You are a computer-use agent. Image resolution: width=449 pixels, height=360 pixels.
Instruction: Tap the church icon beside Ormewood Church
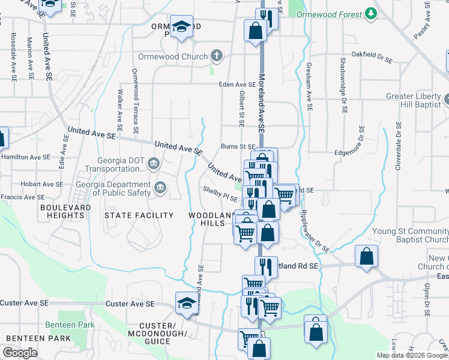coord(217,56)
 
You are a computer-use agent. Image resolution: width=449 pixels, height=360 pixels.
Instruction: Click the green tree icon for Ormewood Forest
coord(372,13)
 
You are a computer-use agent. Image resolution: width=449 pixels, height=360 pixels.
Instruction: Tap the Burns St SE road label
coord(238,146)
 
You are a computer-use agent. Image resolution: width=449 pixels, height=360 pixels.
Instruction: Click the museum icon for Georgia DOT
coord(154,163)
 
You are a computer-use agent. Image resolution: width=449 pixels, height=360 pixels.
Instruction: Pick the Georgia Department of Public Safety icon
coord(160,188)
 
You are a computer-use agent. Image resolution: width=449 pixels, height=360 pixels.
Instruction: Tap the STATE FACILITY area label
coord(139,215)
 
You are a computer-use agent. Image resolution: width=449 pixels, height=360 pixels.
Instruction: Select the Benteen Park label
coord(70,325)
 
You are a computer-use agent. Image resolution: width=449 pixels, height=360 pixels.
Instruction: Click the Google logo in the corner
coord(20,353)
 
